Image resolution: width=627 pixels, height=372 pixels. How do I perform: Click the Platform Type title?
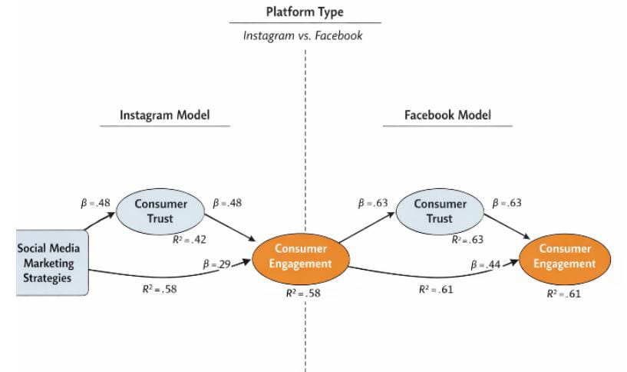(x=305, y=12)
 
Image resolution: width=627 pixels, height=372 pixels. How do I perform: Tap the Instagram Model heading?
(x=164, y=116)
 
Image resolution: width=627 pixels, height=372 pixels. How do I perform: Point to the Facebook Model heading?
(x=447, y=116)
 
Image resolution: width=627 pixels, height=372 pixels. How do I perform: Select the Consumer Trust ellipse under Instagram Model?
(x=160, y=211)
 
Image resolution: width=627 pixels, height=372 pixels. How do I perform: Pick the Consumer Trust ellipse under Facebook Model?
(x=440, y=211)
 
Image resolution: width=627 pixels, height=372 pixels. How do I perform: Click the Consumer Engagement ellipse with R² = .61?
(x=565, y=256)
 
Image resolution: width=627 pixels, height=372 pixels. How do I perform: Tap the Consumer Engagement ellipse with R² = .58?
(x=301, y=256)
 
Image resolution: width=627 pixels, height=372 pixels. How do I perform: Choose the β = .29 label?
(x=217, y=264)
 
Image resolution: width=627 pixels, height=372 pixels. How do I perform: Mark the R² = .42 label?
(x=189, y=239)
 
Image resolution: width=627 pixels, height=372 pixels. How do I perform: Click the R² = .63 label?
(x=467, y=239)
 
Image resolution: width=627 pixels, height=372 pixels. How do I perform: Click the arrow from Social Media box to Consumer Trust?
(x=98, y=221)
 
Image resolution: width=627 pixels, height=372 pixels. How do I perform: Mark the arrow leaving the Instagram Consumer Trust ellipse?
(x=230, y=228)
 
